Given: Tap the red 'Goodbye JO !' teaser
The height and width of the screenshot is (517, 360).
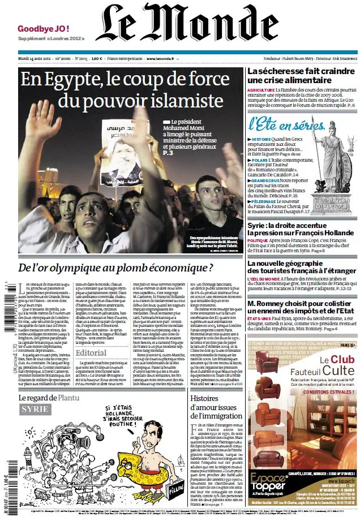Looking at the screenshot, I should point(44,28).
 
